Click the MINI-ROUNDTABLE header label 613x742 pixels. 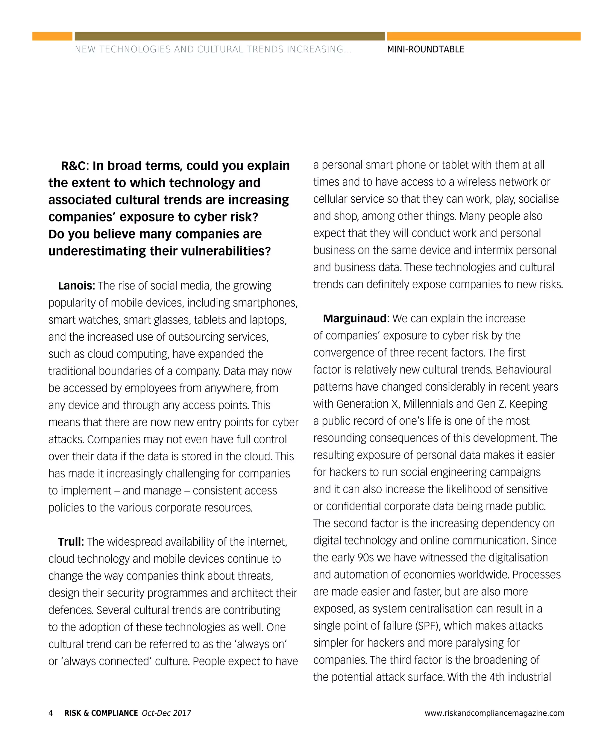(426, 49)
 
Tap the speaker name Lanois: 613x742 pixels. (76, 286)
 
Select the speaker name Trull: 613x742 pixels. (71, 542)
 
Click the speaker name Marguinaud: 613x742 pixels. (356, 318)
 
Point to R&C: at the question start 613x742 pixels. (75, 166)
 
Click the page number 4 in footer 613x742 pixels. (51, 713)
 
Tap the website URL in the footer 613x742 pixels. (494, 713)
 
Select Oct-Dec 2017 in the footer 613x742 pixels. (166, 713)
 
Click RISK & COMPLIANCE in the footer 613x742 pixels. (101, 713)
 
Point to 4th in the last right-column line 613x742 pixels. (497, 677)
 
